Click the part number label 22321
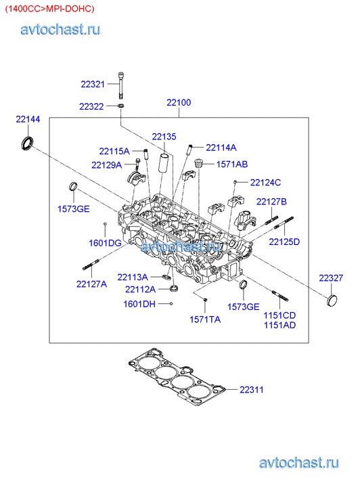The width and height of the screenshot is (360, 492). pos(93,84)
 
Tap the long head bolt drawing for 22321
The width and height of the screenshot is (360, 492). pos(121,85)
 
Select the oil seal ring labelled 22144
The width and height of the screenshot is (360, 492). pos(27,142)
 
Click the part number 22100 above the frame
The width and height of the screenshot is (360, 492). pos(179,102)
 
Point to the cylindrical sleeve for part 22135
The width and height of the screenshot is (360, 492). pos(165,163)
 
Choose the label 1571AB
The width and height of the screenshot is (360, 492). pos(232,164)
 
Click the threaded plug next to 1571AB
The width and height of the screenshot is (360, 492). pos(198,163)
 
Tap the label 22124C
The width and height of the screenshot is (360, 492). pos(265,183)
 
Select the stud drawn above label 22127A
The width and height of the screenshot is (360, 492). pos(91,264)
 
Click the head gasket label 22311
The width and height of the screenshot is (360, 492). pos(252,390)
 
